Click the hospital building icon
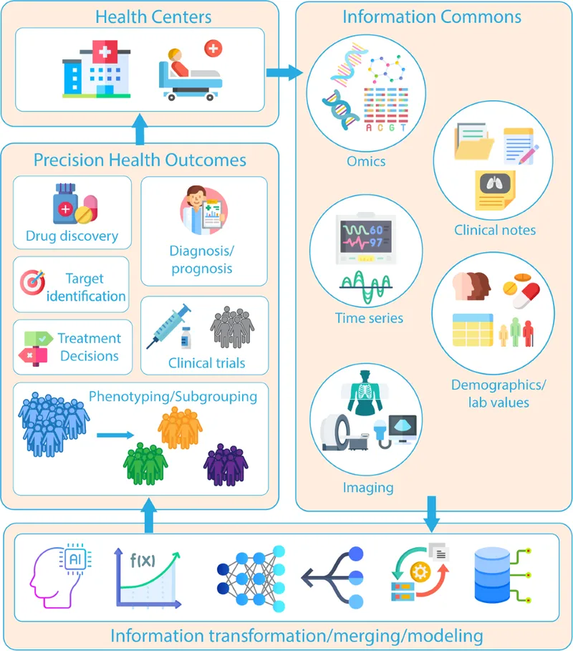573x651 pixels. pos(96,70)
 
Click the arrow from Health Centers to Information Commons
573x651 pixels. pos(284,72)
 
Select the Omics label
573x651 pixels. pos(365,161)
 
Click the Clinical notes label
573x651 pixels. pos(495,230)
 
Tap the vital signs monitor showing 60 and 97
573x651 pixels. pos(365,240)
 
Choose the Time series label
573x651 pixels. pos(369,318)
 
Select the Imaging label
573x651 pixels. pos(368,488)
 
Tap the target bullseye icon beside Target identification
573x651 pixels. pos(32,284)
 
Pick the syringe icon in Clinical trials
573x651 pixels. pos(168,325)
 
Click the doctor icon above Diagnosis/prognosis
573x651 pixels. pos(203,207)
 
